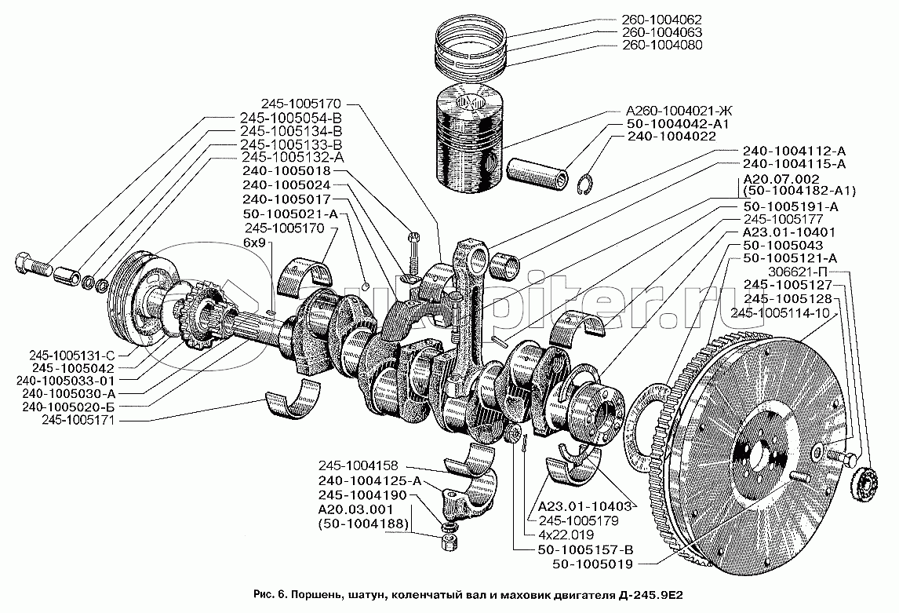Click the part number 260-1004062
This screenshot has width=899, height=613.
click(654, 20)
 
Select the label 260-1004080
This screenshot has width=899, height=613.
click(654, 46)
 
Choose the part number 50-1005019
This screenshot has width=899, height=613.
click(584, 563)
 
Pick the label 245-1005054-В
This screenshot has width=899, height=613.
click(289, 117)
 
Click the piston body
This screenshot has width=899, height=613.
click(469, 141)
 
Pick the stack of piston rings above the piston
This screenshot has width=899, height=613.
click(468, 49)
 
